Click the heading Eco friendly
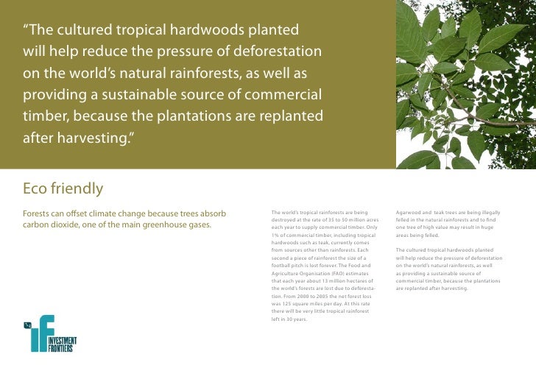tap(63, 189)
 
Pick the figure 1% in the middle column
tap(277, 235)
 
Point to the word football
tap(283, 265)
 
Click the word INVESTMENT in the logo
tap(62, 341)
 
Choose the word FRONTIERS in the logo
tap(62, 349)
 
